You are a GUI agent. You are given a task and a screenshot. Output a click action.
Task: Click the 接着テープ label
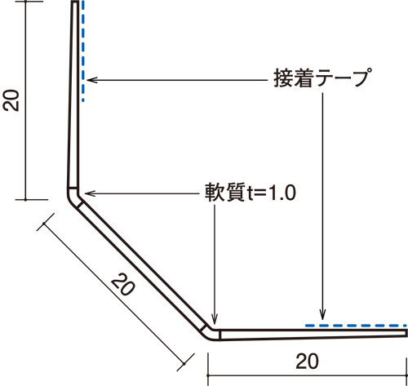323,78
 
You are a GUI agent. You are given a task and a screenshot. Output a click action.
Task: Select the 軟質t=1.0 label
251,193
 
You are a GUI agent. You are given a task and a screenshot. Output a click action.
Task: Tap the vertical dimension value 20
11,100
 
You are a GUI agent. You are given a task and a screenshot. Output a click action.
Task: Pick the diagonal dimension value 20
122,285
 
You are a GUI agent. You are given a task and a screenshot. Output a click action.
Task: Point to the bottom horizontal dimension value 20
307,362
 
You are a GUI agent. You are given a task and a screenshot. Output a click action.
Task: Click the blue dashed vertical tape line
82,51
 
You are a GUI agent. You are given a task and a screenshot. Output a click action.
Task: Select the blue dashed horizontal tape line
356,326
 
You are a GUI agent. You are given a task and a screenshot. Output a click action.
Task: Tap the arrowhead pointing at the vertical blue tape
91,80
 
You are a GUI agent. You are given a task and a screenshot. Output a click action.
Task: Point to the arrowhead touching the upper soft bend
90,193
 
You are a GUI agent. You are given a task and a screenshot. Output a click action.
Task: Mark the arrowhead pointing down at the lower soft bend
215,319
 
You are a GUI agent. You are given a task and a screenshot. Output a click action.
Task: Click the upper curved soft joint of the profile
73,197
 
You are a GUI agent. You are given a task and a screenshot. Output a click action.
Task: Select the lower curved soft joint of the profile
211,334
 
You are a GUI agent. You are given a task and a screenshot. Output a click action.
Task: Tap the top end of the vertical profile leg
75,2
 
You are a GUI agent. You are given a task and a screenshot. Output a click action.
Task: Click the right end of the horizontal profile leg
406,333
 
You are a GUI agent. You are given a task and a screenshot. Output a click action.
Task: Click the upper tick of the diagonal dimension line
44,224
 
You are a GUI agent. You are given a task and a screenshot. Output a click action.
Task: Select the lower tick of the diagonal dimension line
184,363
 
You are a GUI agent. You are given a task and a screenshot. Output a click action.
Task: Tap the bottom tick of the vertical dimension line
25,200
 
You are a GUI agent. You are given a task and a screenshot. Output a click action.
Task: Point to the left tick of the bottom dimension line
208,375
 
